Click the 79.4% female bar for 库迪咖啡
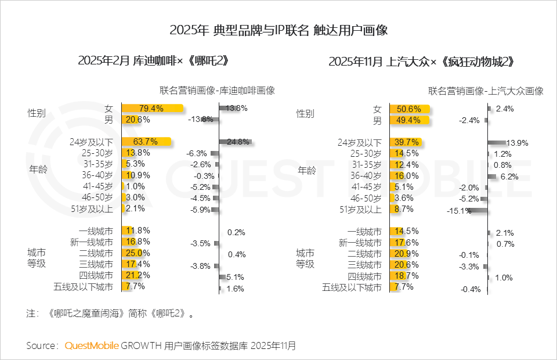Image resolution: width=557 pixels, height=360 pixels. [152, 109]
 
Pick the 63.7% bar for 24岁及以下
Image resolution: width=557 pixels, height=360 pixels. [147, 142]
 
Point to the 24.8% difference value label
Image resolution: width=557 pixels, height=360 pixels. [238, 142]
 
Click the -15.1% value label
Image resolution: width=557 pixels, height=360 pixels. [458, 211]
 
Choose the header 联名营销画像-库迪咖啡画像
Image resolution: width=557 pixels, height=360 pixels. [217, 91]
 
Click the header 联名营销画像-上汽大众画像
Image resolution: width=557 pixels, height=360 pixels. [486, 91]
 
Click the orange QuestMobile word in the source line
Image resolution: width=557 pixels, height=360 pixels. [91, 345]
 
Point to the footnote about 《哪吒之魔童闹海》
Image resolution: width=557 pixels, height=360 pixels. [110, 314]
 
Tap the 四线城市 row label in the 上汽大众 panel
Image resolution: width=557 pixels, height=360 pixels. [364, 276]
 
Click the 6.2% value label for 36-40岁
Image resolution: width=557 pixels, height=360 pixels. [508, 177]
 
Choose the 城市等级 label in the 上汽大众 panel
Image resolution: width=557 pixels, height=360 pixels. [305, 259]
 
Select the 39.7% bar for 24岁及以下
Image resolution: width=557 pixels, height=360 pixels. [404, 142]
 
